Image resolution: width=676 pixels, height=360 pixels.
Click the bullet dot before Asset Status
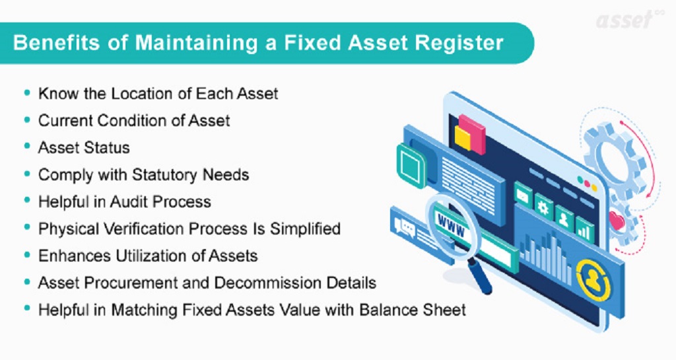pos(27,147)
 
